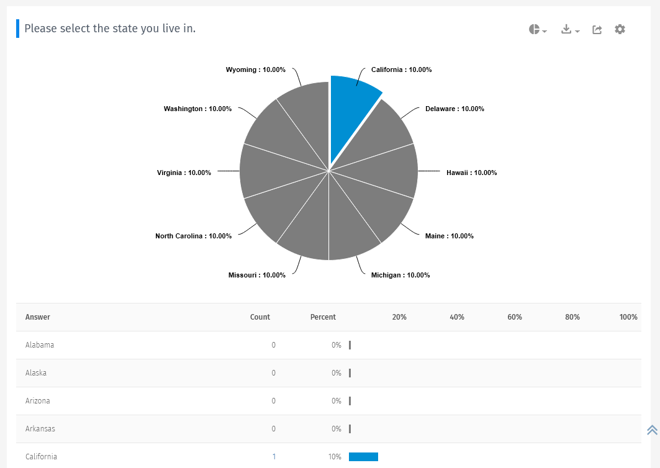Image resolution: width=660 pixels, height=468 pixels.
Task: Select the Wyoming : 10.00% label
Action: click(255, 70)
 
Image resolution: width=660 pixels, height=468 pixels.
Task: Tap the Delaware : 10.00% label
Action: click(454, 109)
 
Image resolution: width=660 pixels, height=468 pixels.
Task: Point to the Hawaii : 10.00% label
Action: click(471, 173)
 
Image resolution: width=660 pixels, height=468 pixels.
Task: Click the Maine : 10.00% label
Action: click(449, 236)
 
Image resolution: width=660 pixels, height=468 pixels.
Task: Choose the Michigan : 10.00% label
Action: click(400, 275)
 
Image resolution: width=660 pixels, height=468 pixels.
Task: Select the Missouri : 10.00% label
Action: click(256, 275)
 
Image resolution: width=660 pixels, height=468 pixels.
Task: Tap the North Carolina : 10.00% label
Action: click(193, 236)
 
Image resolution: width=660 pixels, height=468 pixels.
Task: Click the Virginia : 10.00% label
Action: click(184, 173)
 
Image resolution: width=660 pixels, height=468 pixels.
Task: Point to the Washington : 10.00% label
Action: click(197, 109)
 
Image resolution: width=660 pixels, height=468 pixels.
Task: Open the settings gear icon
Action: click(620, 29)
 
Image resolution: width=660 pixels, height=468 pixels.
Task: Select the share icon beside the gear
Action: click(597, 29)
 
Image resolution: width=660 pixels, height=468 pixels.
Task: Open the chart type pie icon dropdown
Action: click(537, 29)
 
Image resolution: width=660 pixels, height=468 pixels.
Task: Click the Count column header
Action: click(260, 317)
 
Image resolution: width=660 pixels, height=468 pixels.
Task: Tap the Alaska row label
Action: click(36, 373)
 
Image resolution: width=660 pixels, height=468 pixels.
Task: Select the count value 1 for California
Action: click(274, 457)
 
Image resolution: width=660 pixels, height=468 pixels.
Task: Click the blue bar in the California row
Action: click(363, 457)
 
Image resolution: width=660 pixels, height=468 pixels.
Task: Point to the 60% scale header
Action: click(514, 317)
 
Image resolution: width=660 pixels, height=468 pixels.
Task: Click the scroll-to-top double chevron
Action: click(652, 430)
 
